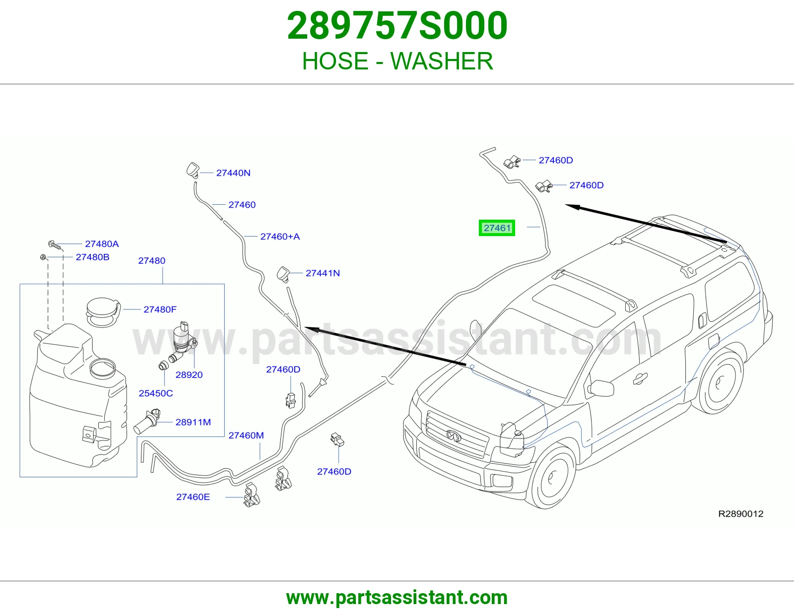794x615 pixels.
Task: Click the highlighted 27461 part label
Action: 497,228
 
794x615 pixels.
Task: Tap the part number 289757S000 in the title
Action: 397,26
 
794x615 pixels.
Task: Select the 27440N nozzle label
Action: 233,173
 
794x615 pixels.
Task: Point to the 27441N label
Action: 323,273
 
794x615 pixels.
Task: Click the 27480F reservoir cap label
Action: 160,309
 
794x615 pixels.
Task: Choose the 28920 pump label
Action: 189,374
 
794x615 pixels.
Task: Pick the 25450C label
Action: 156,393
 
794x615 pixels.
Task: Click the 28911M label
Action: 193,422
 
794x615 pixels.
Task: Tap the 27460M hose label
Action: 246,435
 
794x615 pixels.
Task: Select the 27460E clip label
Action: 193,496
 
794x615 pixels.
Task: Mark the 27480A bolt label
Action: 102,244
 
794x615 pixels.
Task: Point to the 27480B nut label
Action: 92,257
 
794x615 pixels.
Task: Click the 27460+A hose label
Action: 280,236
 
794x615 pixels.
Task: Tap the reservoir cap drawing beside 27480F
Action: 103,312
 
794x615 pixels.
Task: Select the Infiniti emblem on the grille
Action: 454,435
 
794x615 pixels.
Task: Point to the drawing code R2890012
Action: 740,514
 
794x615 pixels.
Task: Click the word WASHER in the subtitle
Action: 442,61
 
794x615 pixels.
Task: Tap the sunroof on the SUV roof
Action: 573,305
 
